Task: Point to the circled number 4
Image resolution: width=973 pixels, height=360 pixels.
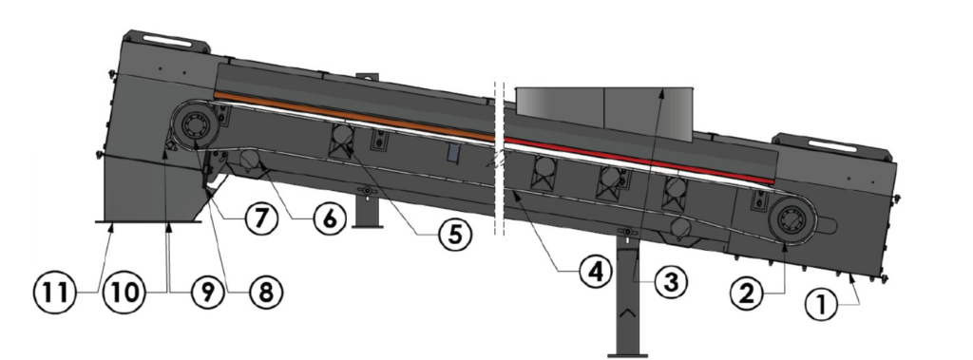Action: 596,271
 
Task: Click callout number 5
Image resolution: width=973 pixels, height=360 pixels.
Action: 455,236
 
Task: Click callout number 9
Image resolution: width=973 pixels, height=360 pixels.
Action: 206,292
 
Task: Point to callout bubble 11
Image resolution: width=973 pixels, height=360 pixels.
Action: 54,292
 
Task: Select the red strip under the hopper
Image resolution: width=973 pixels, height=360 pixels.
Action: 639,161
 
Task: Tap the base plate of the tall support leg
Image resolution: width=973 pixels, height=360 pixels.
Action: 628,355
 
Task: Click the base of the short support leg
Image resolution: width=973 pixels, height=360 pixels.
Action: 368,226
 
